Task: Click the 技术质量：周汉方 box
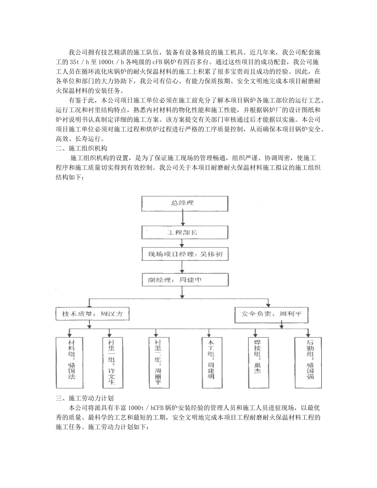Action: [x=93, y=314]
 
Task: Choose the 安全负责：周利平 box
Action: [x=271, y=314]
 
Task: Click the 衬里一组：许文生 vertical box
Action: [x=112, y=362]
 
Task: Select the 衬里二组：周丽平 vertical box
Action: [x=158, y=362]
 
